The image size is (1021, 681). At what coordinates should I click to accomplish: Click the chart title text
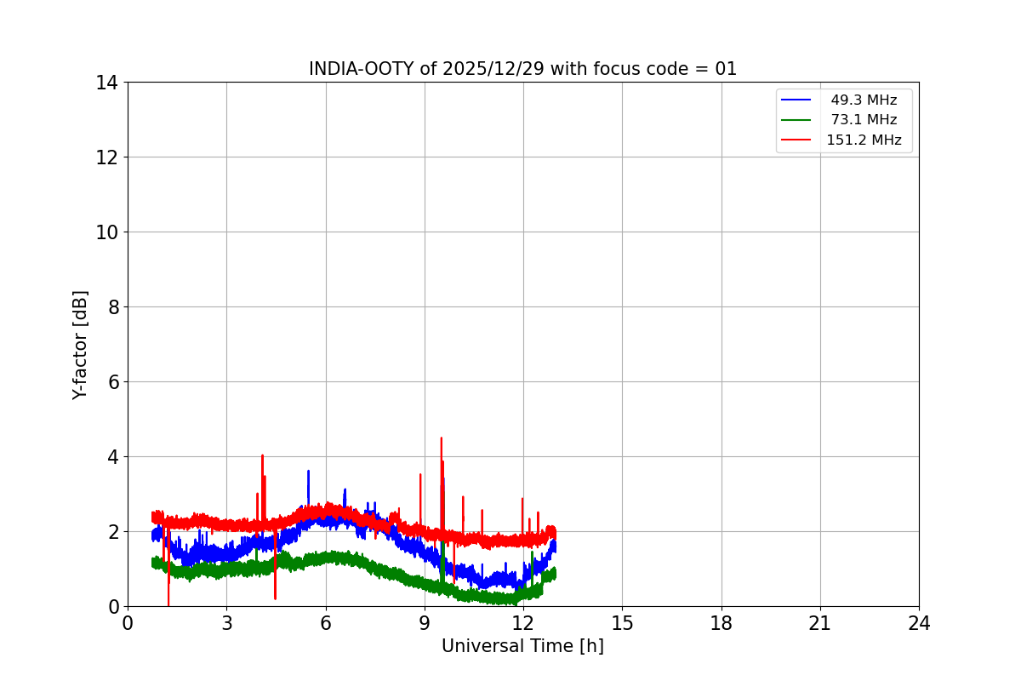(x=522, y=69)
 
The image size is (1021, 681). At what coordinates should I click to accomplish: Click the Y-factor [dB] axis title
(x=80, y=345)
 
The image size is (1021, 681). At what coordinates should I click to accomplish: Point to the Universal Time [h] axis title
(x=522, y=646)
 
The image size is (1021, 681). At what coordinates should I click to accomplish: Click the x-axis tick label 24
(x=919, y=624)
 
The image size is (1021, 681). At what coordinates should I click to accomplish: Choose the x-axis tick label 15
(x=622, y=624)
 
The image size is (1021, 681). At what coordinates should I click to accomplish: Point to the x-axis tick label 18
(x=722, y=624)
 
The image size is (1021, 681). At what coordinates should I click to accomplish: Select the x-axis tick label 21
(x=820, y=624)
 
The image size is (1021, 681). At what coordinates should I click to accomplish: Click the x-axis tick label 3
(x=226, y=624)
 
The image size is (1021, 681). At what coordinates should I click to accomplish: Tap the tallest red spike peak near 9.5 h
(x=441, y=438)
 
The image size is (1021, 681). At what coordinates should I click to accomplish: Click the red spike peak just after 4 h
(x=262, y=455)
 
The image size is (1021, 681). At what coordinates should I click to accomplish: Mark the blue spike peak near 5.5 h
(x=308, y=471)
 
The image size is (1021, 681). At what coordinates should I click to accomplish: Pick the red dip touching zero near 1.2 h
(x=168, y=604)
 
